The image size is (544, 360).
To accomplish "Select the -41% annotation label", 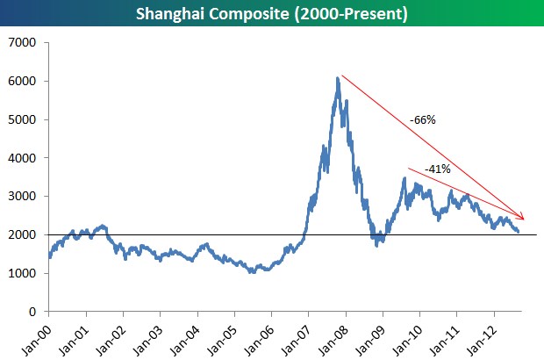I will [x=437, y=169].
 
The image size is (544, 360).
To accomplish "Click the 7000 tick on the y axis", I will [x=24, y=43].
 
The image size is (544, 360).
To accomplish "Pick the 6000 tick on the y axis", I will [x=24, y=82].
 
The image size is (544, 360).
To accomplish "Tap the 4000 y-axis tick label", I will [x=24, y=158].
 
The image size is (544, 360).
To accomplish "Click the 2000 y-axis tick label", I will [x=24, y=235].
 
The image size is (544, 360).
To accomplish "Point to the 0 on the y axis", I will [x=33, y=312].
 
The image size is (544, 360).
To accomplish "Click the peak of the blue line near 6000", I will [x=338, y=78].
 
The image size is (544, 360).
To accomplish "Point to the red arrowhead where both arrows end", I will [x=523, y=218].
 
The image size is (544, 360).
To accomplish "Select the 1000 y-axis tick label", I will [x=24, y=273].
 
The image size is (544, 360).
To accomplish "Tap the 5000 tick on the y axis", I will [x=24, y=119].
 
